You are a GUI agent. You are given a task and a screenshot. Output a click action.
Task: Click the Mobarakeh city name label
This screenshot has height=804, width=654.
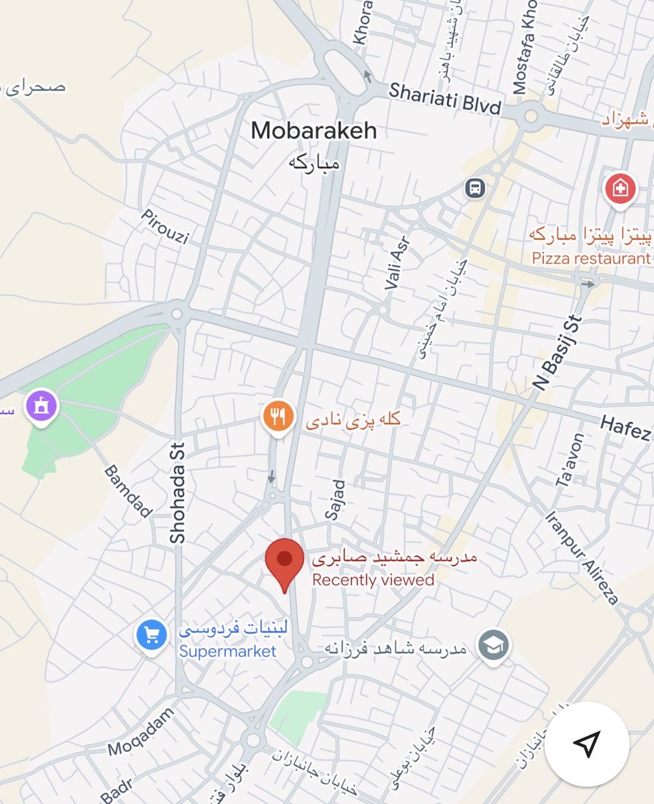tap(314, 131)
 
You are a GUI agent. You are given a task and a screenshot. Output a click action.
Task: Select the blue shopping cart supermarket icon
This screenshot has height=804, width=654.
tap(151, 634)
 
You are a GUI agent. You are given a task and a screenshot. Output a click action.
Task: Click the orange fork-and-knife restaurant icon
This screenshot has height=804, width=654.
tap(278, 417)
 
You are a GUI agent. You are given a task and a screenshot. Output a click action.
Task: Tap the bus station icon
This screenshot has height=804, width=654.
tap(475, 188)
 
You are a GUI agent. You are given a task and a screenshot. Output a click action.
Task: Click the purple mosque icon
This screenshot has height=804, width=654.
tap(42, 406)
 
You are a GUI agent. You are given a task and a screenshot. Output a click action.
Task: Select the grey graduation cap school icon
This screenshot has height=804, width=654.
tap(494, 646)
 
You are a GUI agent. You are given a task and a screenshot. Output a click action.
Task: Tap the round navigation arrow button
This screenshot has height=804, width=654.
tap(587, 744)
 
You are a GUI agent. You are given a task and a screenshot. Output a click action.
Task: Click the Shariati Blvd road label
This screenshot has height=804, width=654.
tap(445, 98)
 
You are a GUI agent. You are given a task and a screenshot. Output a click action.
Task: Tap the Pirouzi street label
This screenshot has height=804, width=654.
tap(166, 227)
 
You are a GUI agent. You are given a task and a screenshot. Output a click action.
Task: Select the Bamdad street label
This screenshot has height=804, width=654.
tap(128, 492)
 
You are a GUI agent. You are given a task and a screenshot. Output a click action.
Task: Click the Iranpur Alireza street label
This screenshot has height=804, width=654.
tap(582, 558)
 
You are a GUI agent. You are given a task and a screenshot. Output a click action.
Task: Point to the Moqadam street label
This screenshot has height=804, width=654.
tap(141, 732)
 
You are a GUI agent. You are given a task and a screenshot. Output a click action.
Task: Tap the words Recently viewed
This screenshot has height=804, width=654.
tap(373, 580)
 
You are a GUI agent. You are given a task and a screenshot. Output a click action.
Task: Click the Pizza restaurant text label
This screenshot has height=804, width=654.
tap(591, 258)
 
